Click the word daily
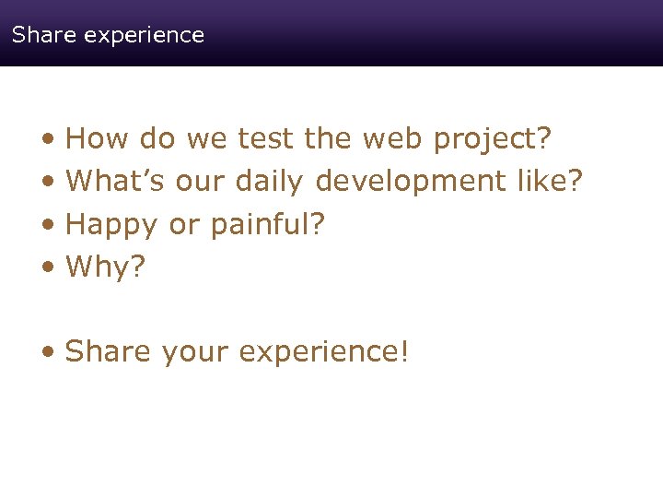point(269,183)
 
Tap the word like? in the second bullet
point(550,181)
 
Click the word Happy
point(112,225)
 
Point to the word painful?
point(269,225)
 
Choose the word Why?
point(106,268)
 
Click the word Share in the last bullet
point(108,351)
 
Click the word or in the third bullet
point(184,225)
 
